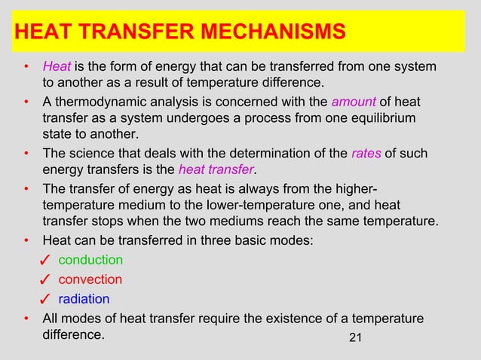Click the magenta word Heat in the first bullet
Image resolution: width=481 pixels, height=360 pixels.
tap(57, 69)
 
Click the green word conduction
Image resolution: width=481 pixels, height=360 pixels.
tap(90, 260)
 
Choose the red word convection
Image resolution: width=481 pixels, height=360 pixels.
tap(90, 279)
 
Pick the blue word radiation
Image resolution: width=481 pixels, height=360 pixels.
tap(84, 298)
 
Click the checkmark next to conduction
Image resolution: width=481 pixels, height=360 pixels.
tap(44, 261)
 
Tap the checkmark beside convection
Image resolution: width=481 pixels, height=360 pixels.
tap(44, 281)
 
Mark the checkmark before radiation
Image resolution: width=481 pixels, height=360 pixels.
tap(44, 300)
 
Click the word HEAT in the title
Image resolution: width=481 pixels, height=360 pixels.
tap(41, 32)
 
